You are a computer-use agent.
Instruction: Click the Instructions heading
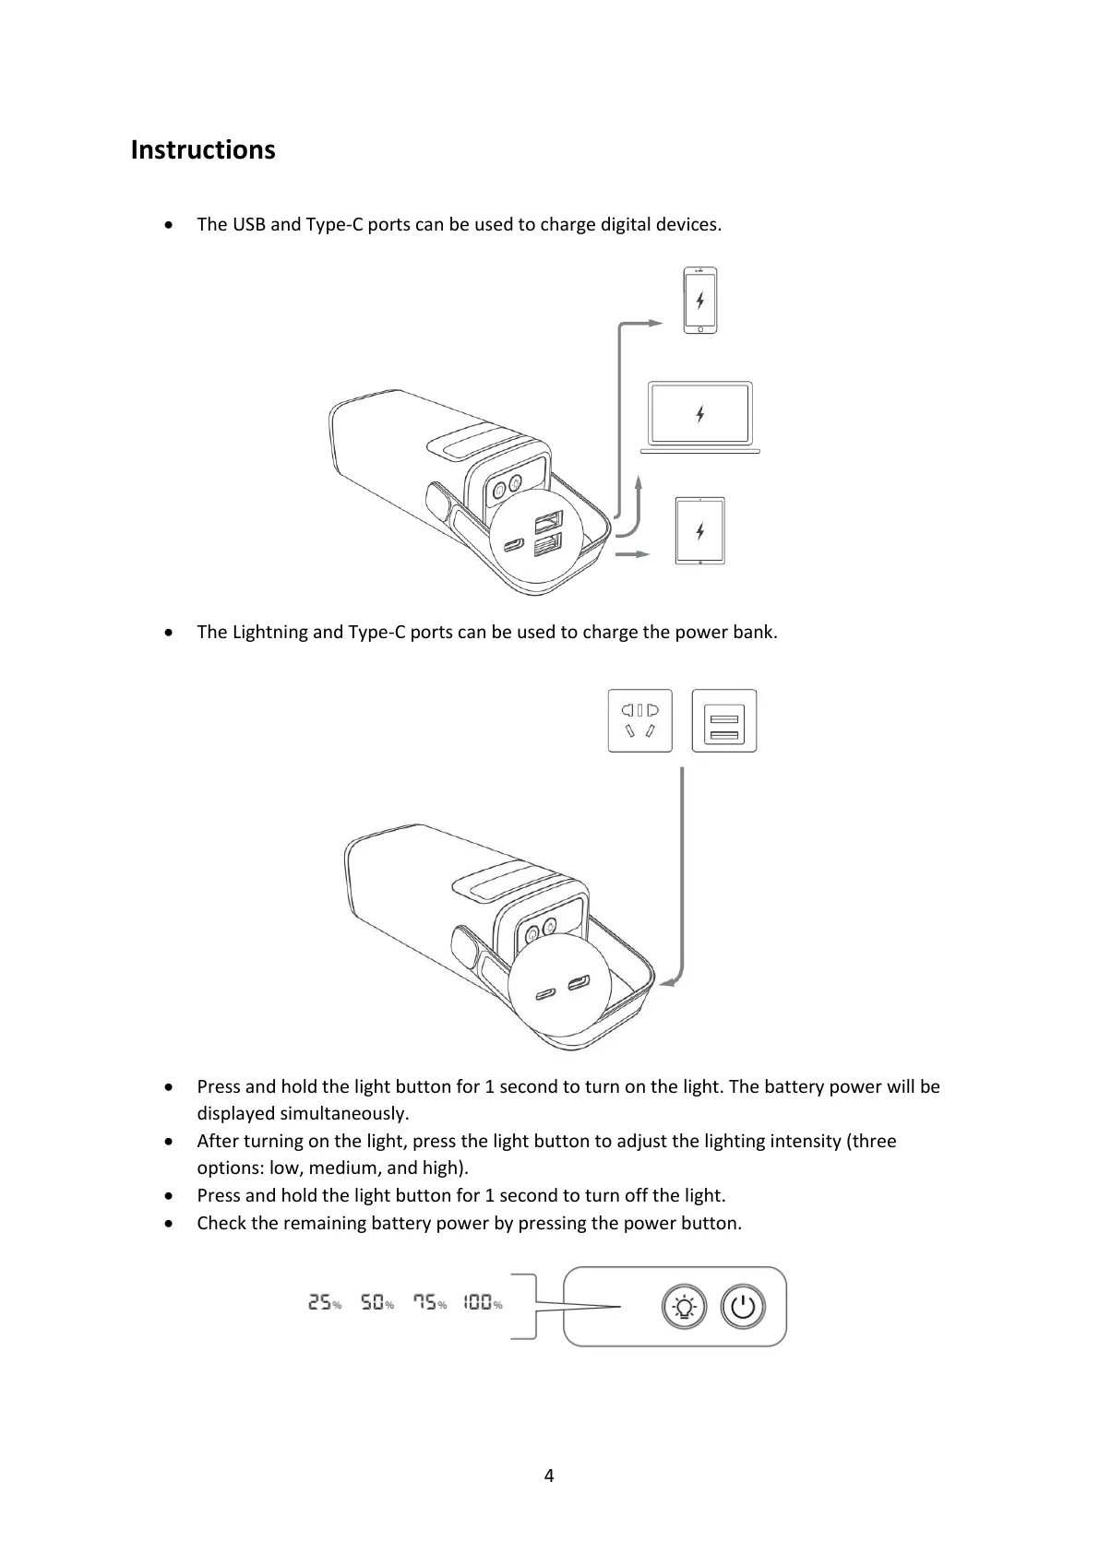pyautogui.click(x=203, y=149)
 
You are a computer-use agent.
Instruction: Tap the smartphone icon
pyautogui.click(x=700, y=301)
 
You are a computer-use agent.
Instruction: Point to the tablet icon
pyautogui.click(x=700, y=531)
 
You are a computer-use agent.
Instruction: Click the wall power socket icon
pyautogui.click(x=639, y=720)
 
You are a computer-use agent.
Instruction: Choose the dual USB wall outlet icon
pyautogui.click(x=724, y=720)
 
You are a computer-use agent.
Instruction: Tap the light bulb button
pyautogui.click(x=684, y=1307)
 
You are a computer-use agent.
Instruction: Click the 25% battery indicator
pyautogui.click(x=324, y=1303)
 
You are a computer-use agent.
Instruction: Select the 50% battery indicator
pyautogui.click(x=376, y=1303)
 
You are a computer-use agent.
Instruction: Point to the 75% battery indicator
pyautogui.click(x=429, y=1303)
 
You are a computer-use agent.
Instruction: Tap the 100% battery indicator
pyautogui.click(x=483, y=1303)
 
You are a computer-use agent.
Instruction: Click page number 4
pyautogui.click(x=549, y=1476)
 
